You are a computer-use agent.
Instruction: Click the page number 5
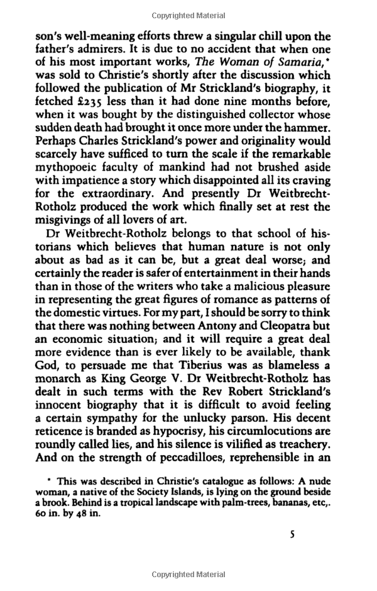(x=292, y=535)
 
